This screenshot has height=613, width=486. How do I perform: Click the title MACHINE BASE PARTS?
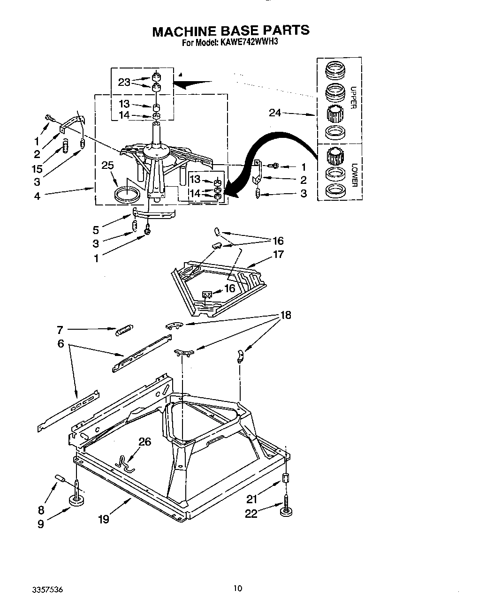[231, 31]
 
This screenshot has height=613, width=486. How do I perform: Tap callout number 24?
[276, 113]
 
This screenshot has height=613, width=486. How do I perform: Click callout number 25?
[107, 165]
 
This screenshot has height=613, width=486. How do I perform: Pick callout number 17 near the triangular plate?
[278, 254]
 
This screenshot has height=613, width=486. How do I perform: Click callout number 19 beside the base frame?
[103, 519]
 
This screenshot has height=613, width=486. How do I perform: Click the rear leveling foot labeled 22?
[285, 511]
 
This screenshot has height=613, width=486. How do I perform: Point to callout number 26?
[145, 441]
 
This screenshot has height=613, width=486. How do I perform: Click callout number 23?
[124, 82]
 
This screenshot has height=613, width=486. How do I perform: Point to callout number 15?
[37, 169]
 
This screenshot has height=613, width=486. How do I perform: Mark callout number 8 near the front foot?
[41, 510]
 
